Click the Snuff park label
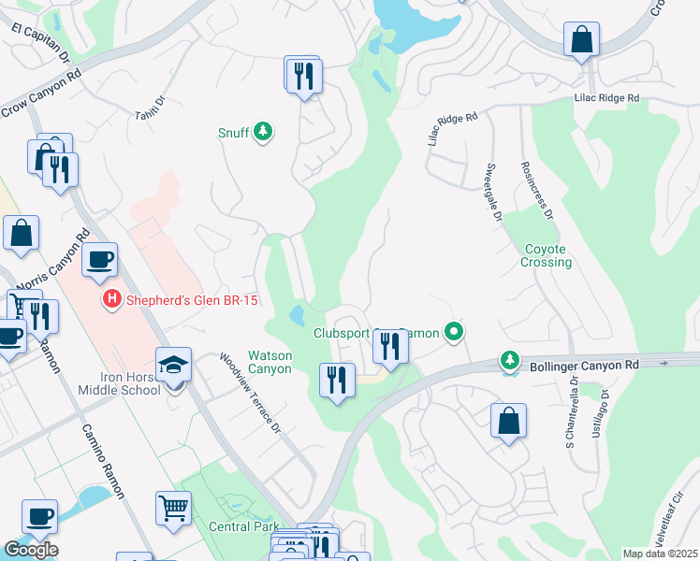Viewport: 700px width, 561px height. coord(234,133)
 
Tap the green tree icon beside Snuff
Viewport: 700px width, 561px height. coord(264,132)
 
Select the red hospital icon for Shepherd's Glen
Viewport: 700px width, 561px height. coord(111,300)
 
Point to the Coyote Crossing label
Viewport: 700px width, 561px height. coord(547,255)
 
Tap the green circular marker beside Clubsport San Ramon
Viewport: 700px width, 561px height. coord(454,331)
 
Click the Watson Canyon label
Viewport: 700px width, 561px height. coord(270,362)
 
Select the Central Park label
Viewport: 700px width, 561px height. coord(242,526)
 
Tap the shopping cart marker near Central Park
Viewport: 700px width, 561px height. coord(174,510)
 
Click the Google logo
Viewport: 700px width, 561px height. coord(31,550)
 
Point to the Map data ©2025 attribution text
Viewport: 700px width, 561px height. coord(660,554)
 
